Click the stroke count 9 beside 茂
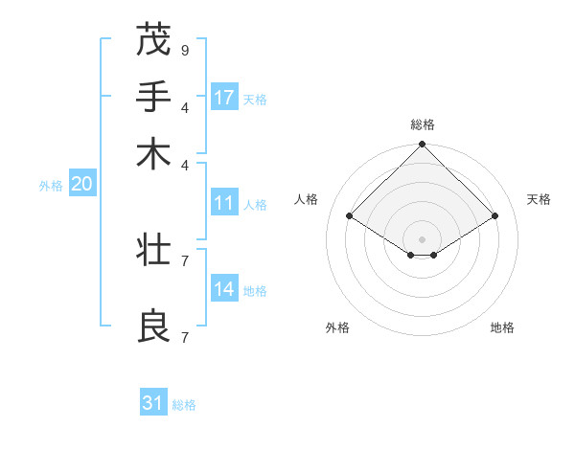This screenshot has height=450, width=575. click(185, 50)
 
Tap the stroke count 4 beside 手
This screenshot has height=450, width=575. click(185, 106)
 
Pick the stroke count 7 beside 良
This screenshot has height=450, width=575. click(185, 337)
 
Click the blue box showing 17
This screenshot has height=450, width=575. click(224, 97)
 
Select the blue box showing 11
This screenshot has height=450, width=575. click(224, 203)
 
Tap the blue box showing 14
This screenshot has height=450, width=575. click(224, 289)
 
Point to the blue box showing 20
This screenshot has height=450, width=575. click(81, 185)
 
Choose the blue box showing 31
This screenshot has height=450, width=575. click(153, 403)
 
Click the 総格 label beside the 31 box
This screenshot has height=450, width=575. click(184, 405)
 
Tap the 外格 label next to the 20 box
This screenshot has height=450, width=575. click(51, 186)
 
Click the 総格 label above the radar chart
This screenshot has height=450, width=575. click(423, 124)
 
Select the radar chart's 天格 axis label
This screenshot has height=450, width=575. click(539, 199)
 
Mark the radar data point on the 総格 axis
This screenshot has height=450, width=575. click(423, 146)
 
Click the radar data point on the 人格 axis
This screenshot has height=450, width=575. click(350, 216)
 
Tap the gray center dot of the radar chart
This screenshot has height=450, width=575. click(423, 238)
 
